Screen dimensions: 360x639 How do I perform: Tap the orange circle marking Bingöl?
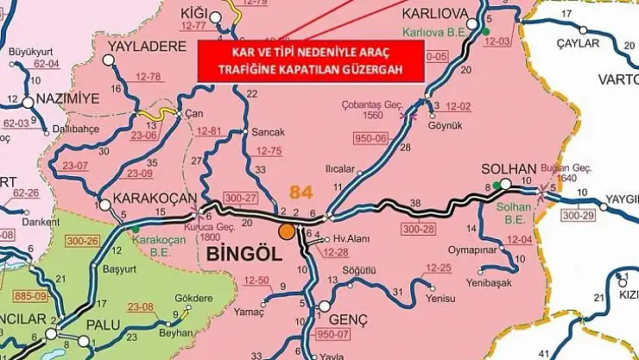click(x=286, y=231)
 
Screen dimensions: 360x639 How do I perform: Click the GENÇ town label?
click(x=350, y=320)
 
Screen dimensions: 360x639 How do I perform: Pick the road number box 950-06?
click(x=370, y=138)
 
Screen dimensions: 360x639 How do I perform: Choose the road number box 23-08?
click(x=139, y=306)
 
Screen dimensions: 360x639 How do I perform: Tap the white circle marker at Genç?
click(x=324, y=306)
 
